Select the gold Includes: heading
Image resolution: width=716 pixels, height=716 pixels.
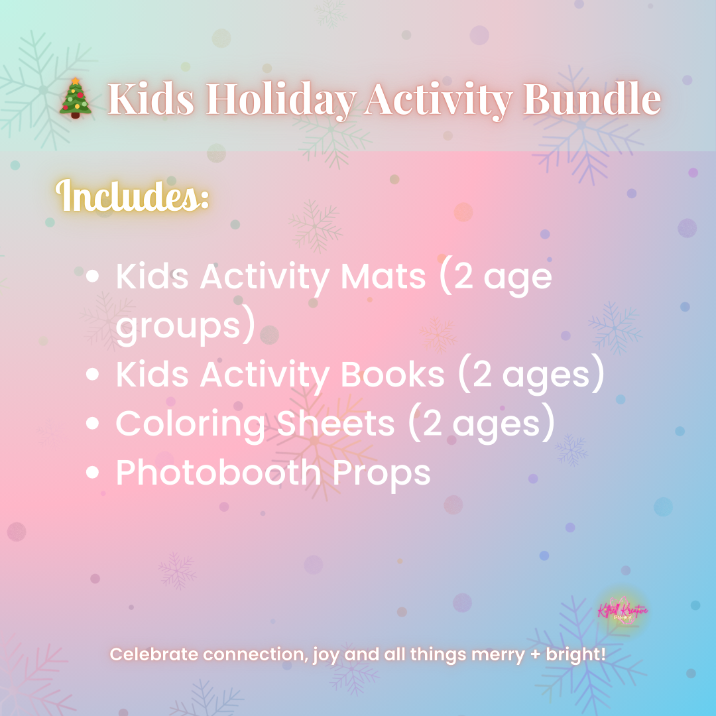point(133,196)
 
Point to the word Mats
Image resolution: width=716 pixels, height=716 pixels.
point(383,276)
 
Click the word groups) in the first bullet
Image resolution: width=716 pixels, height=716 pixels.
point(186,328)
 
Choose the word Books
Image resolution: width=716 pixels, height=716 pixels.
point(392,375)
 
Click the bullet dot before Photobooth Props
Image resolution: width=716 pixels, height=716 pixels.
point(93,473)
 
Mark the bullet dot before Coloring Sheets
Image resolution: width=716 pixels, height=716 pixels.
point(93,424)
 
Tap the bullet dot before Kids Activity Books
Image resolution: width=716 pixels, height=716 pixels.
point(93,375)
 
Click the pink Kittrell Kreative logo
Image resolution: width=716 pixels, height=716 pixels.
point(623,611)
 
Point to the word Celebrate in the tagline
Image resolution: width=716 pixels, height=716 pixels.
point(154,654)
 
